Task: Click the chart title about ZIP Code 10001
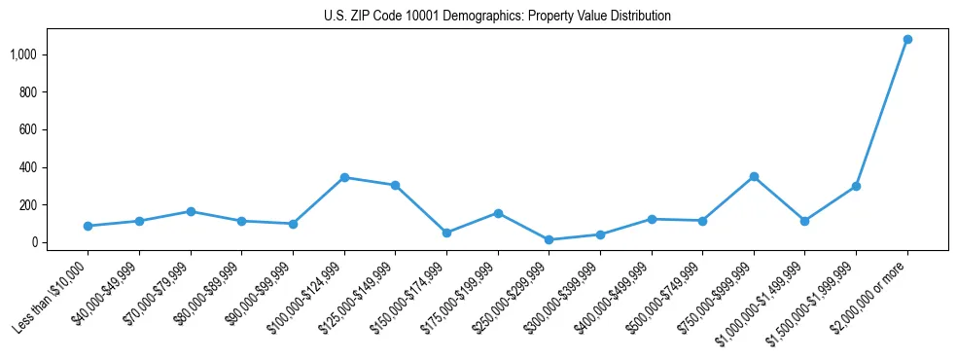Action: (x=497, y=17)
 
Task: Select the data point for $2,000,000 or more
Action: (x=907, y=40)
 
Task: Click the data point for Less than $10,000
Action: (x=89, y=226)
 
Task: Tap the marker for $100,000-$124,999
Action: (x=344, y=177)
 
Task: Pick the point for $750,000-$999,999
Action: (x=754, y=177)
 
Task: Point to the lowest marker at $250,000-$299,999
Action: (x=549, y=239)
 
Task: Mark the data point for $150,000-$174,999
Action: (x=446, y=233)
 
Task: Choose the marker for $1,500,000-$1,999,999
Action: (x=856, y=186)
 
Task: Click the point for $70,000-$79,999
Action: (x=191, y=211)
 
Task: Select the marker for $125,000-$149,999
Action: (x=395, y=185)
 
